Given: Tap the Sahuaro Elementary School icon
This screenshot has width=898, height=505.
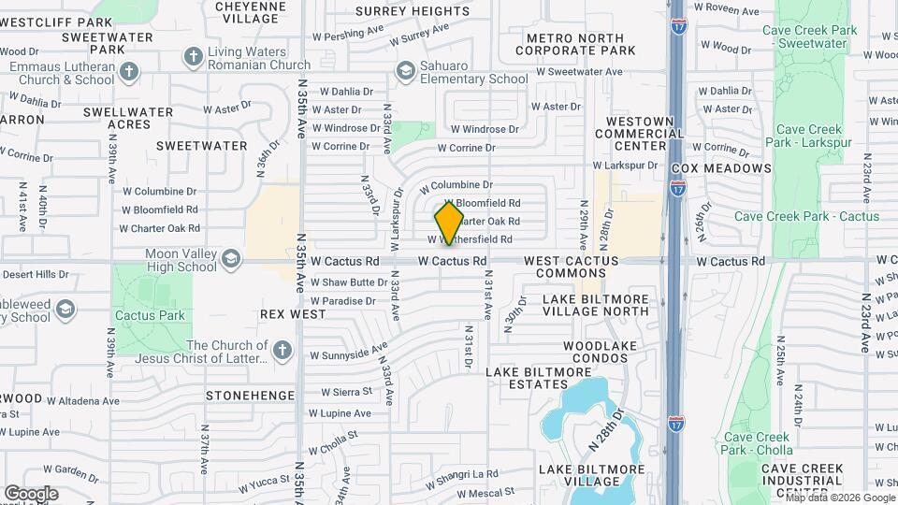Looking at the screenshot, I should tap(405, 70).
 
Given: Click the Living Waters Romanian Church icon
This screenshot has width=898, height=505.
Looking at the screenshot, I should tap(194, 57).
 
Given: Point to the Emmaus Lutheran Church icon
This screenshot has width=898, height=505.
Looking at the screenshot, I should tap(129, 71).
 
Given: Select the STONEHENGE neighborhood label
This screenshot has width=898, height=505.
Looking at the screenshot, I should tap(250, 396).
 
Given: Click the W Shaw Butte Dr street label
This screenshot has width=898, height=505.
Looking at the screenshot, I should tap(350, 281).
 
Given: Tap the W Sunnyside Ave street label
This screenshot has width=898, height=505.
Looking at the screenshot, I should tap(348, 353).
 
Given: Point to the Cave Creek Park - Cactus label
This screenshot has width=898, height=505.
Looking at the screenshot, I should tap(806, 216).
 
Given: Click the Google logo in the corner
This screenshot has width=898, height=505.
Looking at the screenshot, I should tap(31, 493).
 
